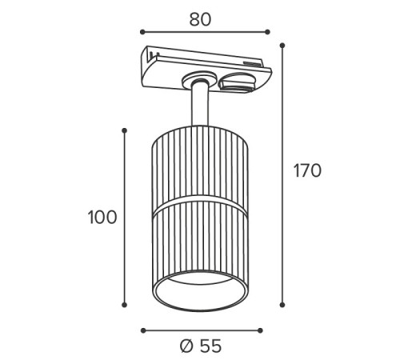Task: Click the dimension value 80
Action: pyautogui.click(x=200, y=19)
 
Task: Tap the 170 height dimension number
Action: pyautogui.click(x=307, y=170)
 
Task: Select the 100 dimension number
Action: pyautogui.click(x=102, y=217)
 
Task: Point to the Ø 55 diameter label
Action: pyautogui.click(x=201, y=346)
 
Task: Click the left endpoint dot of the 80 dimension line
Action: pyautogui.click(x=142, y=32)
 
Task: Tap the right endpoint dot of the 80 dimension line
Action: pyautogui.click(x=267, y=32)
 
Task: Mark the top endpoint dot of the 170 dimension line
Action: pyautogui.click(x=282, y=46)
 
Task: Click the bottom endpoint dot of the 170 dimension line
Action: pyautogui.click(x=282, y=305)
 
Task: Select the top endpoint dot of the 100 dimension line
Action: pyautogui.click(x=124, y=130)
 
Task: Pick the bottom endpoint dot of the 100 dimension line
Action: pyautogui.click(x=124, y=305)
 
